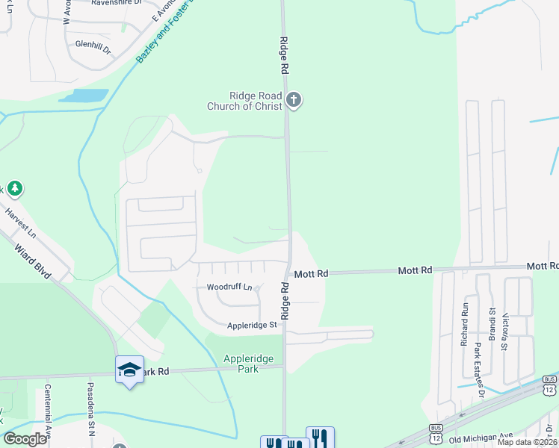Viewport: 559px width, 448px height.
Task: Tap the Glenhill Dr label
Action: coord(93,45)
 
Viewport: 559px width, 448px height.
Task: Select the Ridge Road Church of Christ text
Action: coord(244,101)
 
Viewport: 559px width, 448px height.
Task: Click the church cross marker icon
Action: coord(294,100)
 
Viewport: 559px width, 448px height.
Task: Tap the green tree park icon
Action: coord(13,189)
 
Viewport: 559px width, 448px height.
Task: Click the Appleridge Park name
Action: coord(248,363)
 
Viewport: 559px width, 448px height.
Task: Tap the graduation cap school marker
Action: coord(129,369)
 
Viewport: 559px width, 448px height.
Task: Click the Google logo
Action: coord(25,439)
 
